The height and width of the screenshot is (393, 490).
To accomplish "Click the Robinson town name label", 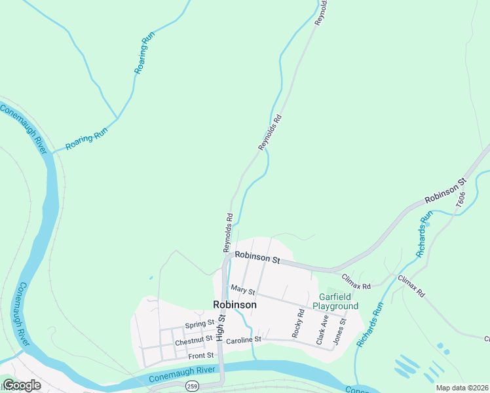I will click(235, 305).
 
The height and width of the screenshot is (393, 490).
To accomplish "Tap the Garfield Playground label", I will click(335, 301).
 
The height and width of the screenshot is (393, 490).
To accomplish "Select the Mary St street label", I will click(242, 290).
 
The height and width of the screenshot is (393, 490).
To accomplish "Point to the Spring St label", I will click(200, 324).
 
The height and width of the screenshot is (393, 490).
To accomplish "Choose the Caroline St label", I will click(243, 340).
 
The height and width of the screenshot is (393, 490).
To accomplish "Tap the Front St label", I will click(201, 356).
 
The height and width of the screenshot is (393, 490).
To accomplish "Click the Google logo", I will click(22, 385).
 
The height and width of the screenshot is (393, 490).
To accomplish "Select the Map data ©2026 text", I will click(461, 388).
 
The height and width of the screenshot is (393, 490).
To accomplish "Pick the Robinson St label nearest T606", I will click(445, 191).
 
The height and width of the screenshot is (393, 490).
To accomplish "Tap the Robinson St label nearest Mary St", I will click(257, 257).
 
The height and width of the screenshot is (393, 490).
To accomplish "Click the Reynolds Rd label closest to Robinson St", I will click(228, 233).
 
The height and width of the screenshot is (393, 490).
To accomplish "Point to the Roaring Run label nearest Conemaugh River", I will click(86, 140).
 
